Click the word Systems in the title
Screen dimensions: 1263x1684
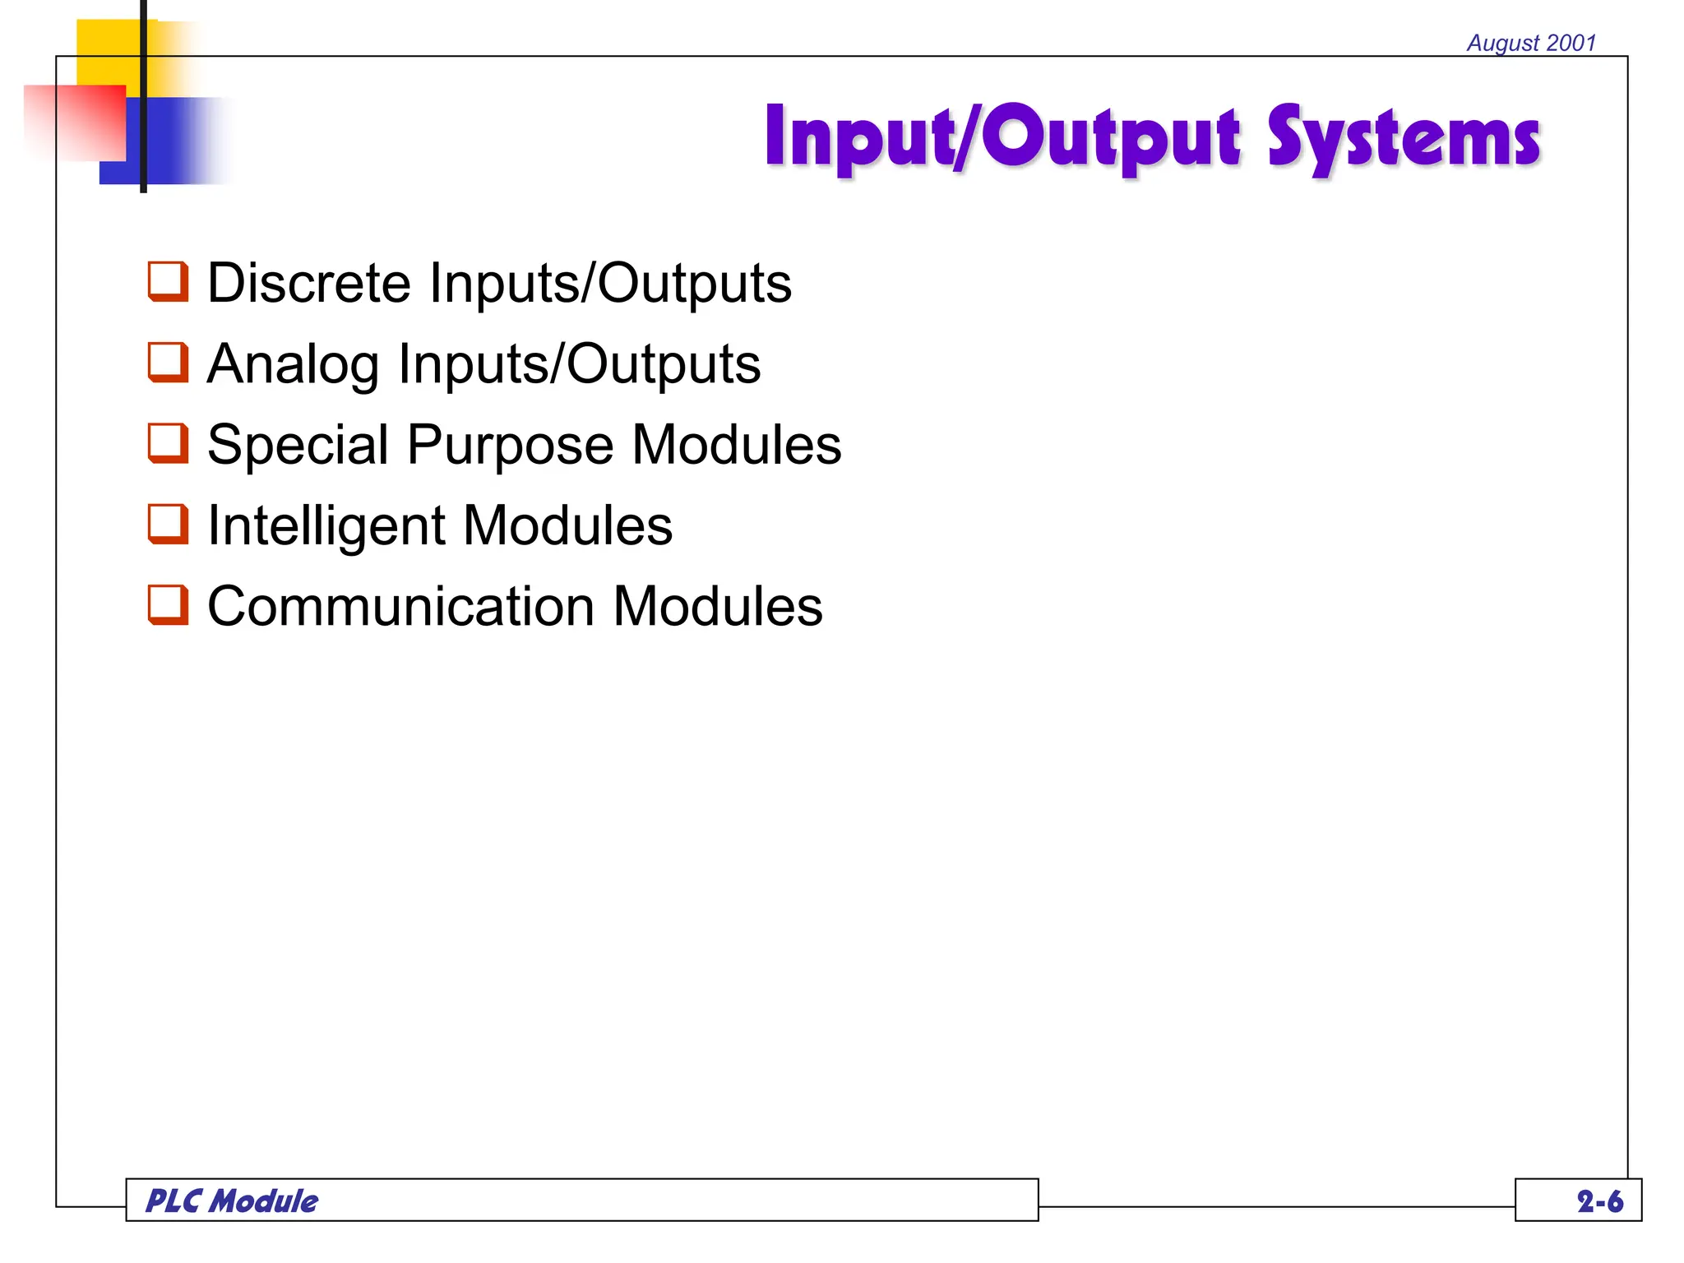(x=1403, y=138)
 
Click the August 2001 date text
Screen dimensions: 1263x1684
(x=1531, y=43)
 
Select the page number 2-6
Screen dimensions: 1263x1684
(x=1599, y=1201)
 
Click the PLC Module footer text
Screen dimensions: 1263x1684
(x=232, y=1201)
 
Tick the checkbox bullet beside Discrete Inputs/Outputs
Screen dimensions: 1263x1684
(x=168, y=282)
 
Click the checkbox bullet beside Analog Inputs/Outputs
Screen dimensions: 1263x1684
(x=168, y=363)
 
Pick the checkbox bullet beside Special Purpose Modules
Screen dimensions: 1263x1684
(x=168, y=443)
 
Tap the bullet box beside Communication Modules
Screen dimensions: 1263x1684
(x=168, y=605)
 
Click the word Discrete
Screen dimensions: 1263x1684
(x=308, y=283)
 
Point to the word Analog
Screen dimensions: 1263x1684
(x=293, y=364)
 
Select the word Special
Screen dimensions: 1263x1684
(x=298, y=445)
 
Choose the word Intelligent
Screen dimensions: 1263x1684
(x=326, y=525)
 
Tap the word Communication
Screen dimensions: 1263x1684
(x=400, y=606)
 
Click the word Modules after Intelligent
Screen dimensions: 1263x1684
(x=568, y=525)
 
